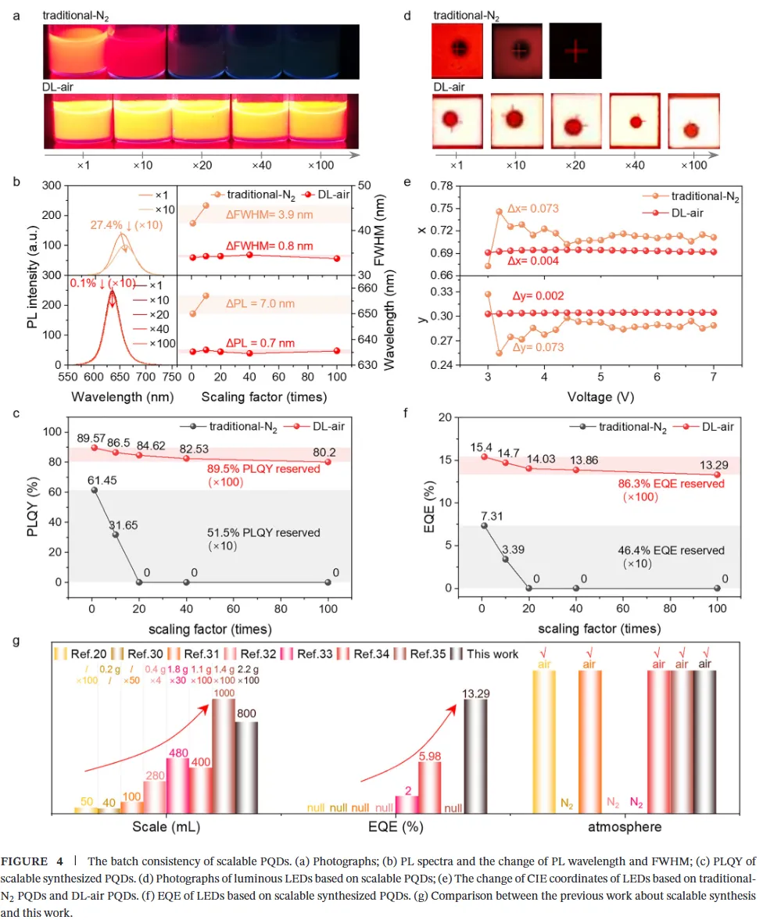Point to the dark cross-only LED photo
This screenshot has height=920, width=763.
(575, 51)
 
